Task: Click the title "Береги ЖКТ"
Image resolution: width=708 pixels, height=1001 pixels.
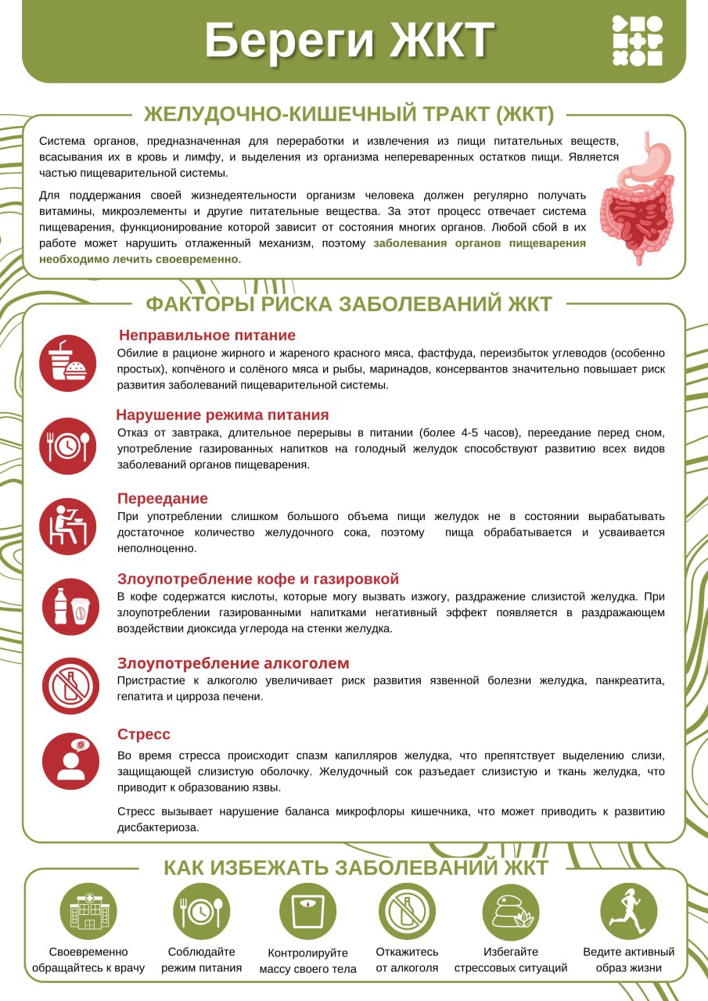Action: pyautogui.click(x=349, y=40)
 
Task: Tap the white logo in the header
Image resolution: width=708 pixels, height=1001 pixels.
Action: pyautogui.click(x=637, y=41)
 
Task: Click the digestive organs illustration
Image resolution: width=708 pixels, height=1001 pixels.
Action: pyautogui.click(x=637, y=199)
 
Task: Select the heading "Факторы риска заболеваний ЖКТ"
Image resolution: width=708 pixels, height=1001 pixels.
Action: pyautogui.click(x=349, y=304)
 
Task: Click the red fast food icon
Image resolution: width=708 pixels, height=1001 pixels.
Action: pyautogui.click(x=67, y=363)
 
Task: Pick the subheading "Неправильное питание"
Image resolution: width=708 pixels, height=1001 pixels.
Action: pyautogui.click(x=207, y=335)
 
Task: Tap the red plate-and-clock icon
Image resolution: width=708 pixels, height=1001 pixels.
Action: pyautogui.click(x=67, y=446)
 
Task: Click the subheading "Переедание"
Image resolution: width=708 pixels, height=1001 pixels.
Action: pyautogui.click(x=163, y=498)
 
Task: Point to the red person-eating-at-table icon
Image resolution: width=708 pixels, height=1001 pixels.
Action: pyautogui.click(x=67, y=526)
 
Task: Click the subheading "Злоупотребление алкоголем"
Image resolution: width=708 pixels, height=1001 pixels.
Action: pyautogui.click(x=233, y=663)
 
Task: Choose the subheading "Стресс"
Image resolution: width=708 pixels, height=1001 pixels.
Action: pyautogui.click(x=144, y=734)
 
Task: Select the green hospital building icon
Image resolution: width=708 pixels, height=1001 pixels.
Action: pyautogui.click(x=88, y=912)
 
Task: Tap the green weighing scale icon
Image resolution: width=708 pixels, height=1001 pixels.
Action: pyautogui.click(x=307, y=912)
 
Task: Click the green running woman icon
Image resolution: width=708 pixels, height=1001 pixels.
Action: pyautogui.click(x=628, y=912)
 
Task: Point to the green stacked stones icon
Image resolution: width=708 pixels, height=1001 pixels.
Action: pyautogui.click(x=510, y=912)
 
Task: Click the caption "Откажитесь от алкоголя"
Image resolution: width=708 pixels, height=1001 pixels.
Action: pyautogui.click(x=407, y=960)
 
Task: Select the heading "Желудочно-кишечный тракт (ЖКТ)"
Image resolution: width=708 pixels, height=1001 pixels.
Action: pyautogui.click(x=349, y=114)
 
